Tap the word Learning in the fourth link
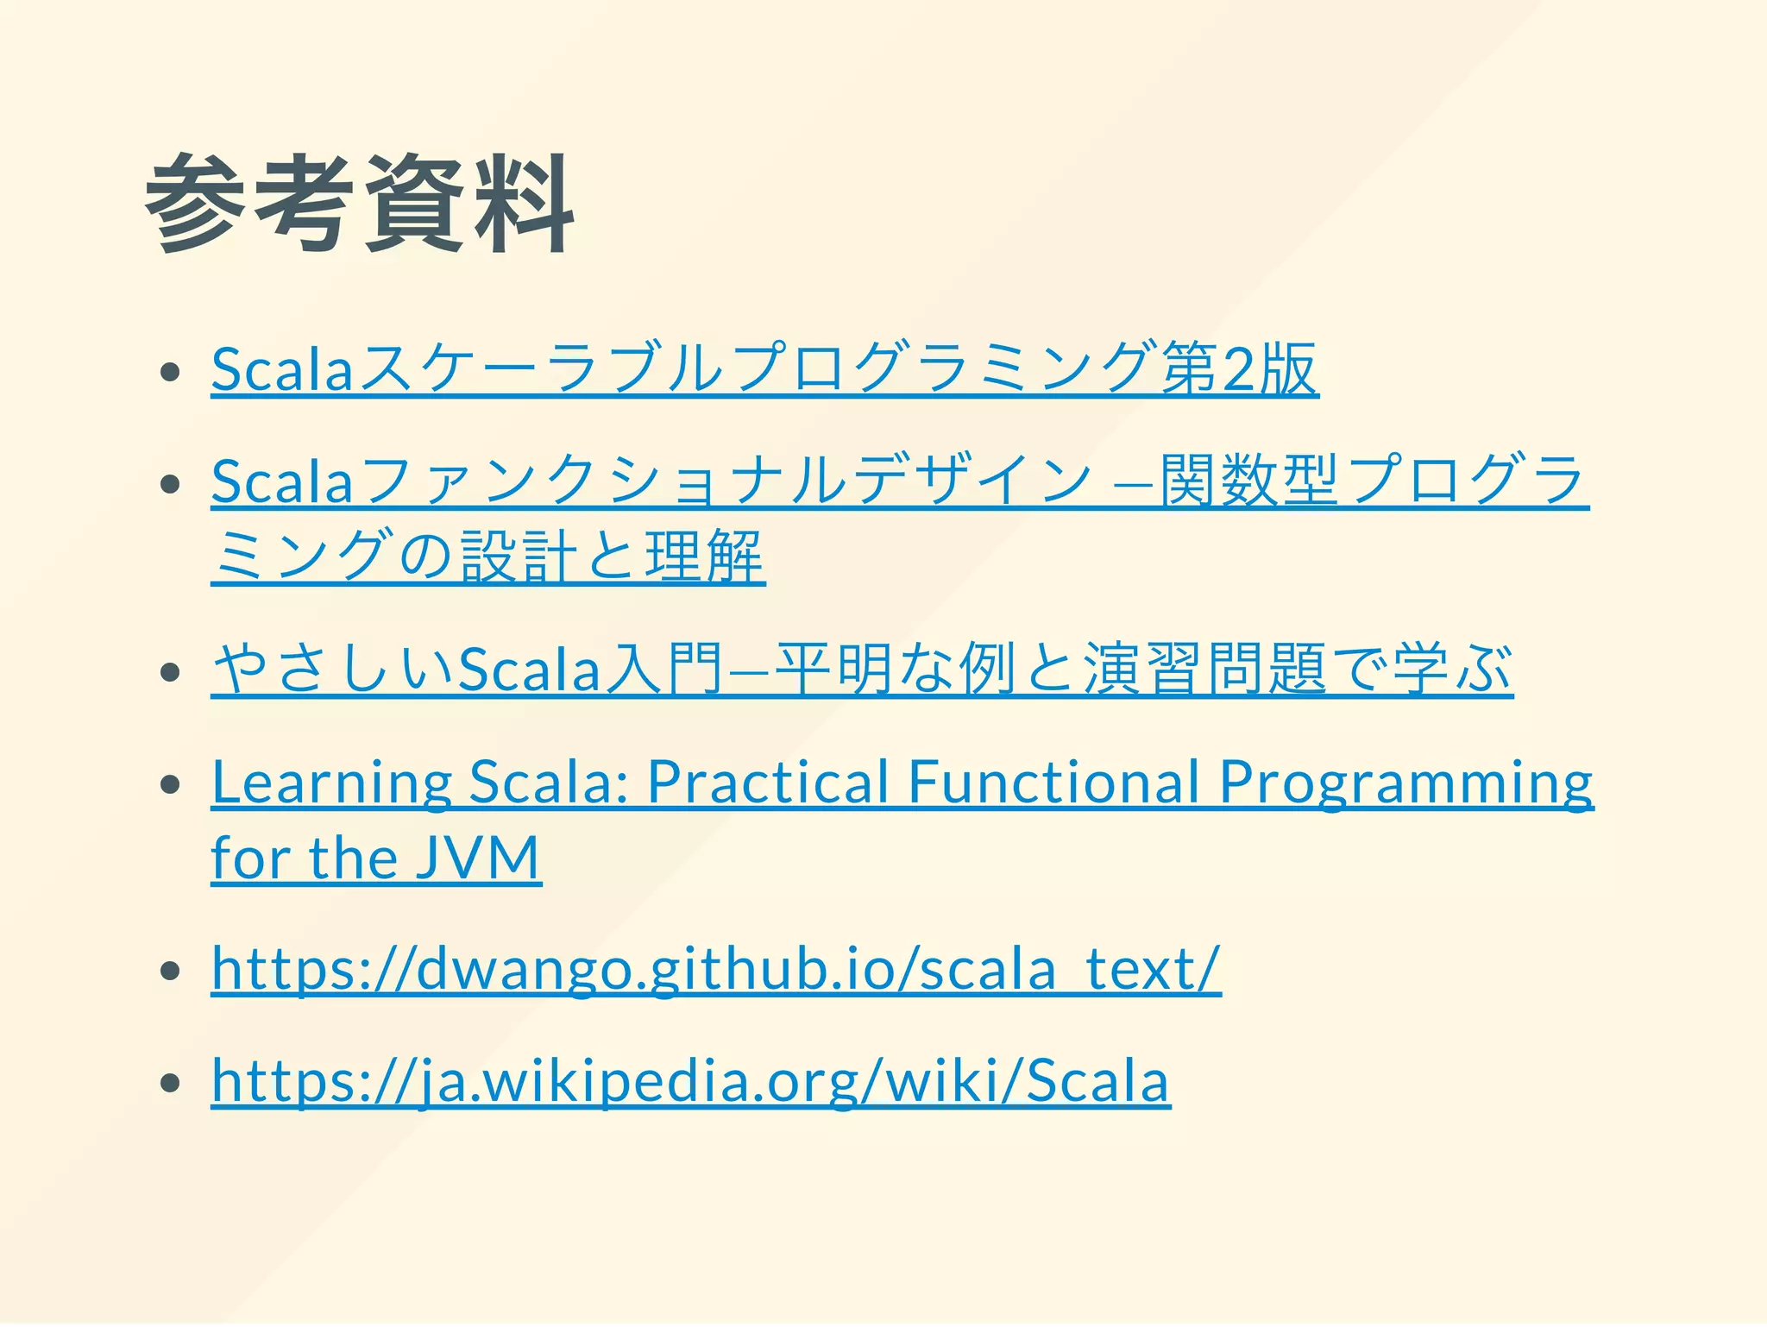click(x=331, y=783)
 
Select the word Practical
click(x=768, y=783)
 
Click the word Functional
click(x=1053, y=783)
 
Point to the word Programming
click(x=1406, y=783)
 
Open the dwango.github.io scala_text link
click(x=716, y=969)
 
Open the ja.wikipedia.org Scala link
click(x=690, y=1081)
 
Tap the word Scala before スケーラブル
click(x=282, y=369)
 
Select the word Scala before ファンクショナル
click(x=282, y=481)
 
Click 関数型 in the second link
click(x=1248, y=481)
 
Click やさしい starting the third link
click(x=332, y=670)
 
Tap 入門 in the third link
click(x=663, y=670)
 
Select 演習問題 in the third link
click(x=1205, y=670)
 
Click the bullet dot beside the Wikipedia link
click(x=170, y=1083)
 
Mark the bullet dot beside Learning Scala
click(x=170, y=784)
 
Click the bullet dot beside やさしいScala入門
click(x=170, y=671)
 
